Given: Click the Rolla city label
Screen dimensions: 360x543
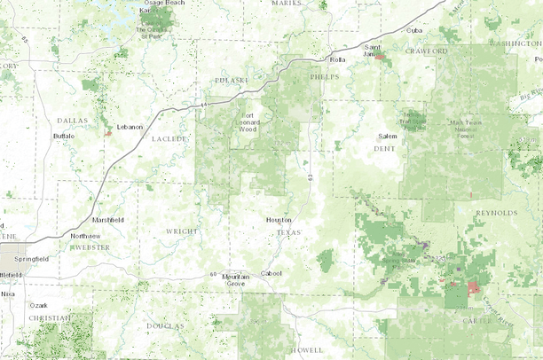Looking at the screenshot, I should click(x=337, y=59).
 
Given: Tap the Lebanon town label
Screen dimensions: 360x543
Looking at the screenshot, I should click(x=129, y=127).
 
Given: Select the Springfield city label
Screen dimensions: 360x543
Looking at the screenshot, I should click(x=29, y=258).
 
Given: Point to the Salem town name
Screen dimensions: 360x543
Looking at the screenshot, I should click(x=388, y=136).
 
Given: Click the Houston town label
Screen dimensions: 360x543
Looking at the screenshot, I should click(x=279, y=220).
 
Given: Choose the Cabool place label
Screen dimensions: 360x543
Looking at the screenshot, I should click(x=271, y=272).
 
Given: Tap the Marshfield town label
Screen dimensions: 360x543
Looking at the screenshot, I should click(x=108, y=219).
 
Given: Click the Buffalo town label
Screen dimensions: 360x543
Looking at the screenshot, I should click(x=64, y=136).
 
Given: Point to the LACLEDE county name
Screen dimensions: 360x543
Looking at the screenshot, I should click(x=169, y=139).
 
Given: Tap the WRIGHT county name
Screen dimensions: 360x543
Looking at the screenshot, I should click(x=182, y=231).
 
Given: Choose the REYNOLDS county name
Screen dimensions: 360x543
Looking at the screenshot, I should click(x=496, y=213).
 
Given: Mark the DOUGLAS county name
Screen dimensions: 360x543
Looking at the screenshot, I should click(x=165, y=325).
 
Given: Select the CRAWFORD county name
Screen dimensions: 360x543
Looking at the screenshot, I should click(x=428, y=51).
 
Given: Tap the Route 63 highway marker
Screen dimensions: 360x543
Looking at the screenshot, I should click(x=311, y=179).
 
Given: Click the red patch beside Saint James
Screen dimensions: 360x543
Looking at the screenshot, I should click(x=380, y=56).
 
